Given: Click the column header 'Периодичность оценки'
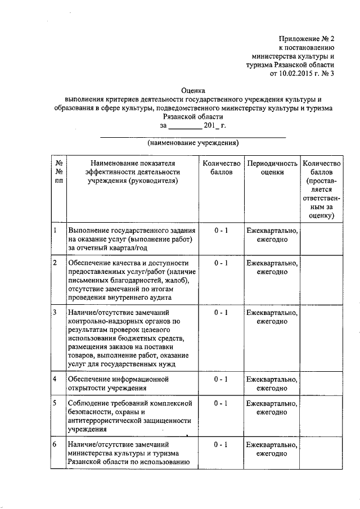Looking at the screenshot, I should (x=272, y=168).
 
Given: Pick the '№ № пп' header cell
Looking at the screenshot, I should (x=59, y=172).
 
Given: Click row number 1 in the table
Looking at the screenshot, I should (x=55, y=231).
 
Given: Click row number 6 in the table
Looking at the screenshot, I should (x=55, y=444).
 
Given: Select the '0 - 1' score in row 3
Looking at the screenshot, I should (x=221, y=312).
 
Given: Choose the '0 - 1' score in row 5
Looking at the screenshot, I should (x=221, y=404).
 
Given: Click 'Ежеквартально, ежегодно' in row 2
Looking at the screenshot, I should (x=272, y=267).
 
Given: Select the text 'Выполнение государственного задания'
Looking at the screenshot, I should (x=131, y=231).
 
